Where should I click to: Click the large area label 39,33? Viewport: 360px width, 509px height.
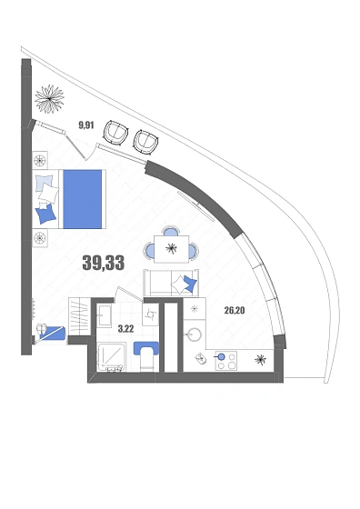click(x=104, y=263)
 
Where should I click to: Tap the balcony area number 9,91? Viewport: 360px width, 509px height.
click(x=86, y=125)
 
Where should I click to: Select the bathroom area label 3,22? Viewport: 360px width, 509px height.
click(x=125, y=329)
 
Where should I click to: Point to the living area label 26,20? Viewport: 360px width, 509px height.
click(x=235, y=311)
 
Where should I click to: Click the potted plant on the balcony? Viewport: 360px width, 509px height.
click(x=49, y=99)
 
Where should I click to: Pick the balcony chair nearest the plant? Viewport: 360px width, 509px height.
click(x=115, y=133)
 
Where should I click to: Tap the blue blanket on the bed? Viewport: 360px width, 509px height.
click(x=83, y=199)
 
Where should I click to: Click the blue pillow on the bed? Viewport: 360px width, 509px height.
click(x=46, y=214)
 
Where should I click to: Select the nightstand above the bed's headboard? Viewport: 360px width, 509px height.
click(x=40, y=159)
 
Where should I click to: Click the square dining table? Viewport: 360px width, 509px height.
click(x=172, y=249)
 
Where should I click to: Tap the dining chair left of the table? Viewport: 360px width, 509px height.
click(x=150, y=249)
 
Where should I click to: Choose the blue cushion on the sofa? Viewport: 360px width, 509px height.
click(x=190, y=283)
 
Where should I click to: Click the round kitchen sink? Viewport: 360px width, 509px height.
click(x=195, y=334)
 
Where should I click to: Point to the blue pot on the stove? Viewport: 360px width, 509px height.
click(x=221, y=357)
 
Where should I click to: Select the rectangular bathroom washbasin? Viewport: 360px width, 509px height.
click(x=105, y=314)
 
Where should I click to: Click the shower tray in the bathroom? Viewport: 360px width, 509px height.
click(x=111, y=356)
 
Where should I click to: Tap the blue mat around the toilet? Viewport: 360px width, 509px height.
click(x=146, y=349)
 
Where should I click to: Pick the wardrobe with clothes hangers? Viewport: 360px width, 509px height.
click(x=78, y=315)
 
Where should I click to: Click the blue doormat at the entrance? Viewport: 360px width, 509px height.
click(x=54, y=333)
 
